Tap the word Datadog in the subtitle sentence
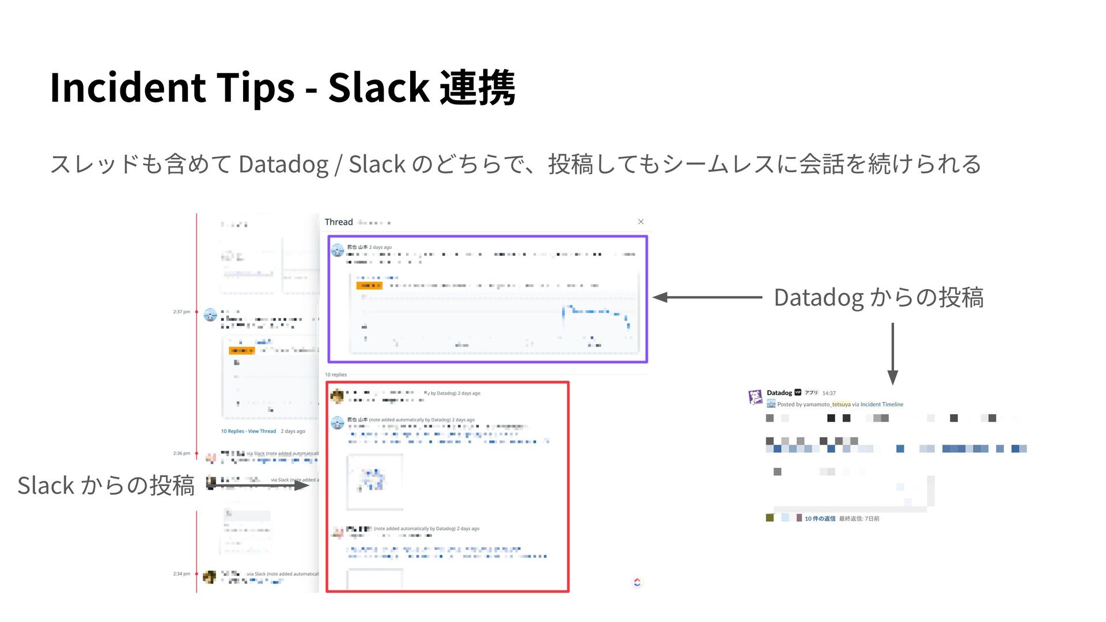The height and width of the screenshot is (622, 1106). [x=283, y=165]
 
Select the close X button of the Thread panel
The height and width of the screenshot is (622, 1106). [x=641, y=222]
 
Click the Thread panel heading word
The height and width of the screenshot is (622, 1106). [x=339, y=222]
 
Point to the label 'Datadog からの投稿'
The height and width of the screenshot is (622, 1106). [x=878, y=298]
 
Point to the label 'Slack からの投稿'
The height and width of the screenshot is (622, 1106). [x=105, y=486]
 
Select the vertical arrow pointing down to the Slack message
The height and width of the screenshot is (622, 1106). [x=892, y=353]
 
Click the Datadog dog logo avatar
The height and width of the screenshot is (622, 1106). [x=755, y=397]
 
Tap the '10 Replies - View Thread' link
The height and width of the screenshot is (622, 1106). [x=248, y=431]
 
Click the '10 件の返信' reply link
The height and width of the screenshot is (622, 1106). [x=820, y=519]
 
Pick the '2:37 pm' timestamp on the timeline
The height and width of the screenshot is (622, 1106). [x=181, y=312]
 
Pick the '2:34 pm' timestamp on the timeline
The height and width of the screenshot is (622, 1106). [x=181, y=574]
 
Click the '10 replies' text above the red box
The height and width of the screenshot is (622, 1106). [x=336, y=375]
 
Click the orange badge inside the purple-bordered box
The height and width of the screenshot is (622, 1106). [x=369, y=286]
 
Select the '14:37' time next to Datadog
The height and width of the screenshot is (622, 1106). [x=829, y=393]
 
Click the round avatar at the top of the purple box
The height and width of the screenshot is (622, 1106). [x=338, y=250]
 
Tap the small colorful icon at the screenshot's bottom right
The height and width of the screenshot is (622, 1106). [x=637, y=582]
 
